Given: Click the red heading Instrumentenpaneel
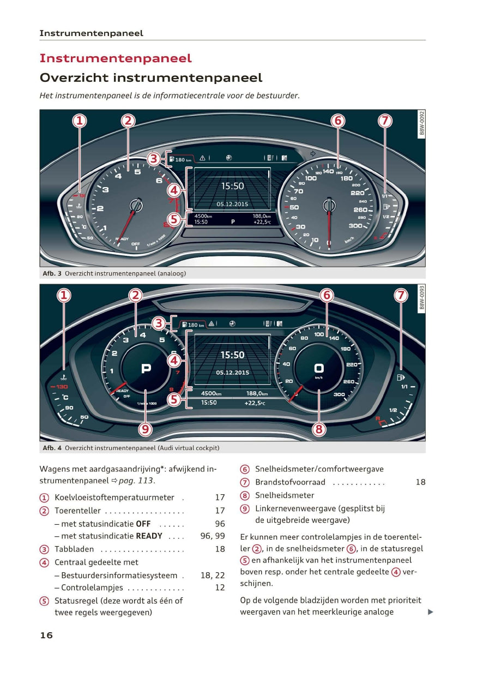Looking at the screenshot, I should (116, 58).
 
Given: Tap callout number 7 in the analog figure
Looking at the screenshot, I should (385, 121).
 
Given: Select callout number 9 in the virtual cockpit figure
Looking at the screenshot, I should (145, 429).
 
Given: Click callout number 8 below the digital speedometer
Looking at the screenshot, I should (319, 429).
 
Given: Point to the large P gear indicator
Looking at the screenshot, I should (146, 369).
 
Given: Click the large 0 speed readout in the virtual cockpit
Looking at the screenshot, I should (319, 368).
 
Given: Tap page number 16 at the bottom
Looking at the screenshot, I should (46, 635).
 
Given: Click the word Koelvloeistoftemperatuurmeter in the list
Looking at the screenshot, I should (114, 498).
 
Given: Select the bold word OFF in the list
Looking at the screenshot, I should (143, 524).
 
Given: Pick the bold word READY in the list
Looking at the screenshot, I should (149, 536).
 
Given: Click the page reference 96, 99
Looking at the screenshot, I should (213, 536).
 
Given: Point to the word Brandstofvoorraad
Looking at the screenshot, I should (290, 482).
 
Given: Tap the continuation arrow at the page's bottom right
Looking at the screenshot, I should (430, 612).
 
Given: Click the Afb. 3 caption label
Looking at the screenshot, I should (52, 273).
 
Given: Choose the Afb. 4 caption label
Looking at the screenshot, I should (52, 448).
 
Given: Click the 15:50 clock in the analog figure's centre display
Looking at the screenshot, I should (232, 186).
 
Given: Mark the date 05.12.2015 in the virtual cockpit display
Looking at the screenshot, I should (232, 373).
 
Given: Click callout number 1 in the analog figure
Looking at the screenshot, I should (80, 121).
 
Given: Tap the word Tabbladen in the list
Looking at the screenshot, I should (74, 549).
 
